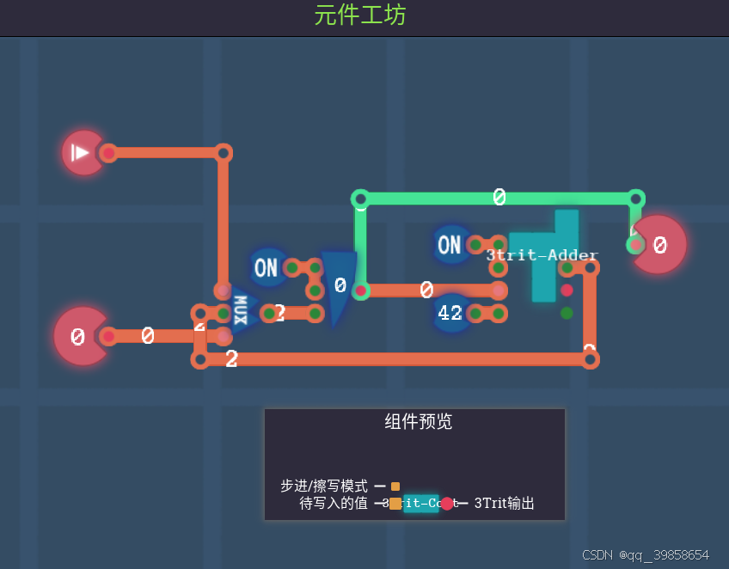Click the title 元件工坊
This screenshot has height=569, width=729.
point(360,15)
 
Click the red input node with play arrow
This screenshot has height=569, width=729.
point(83,153)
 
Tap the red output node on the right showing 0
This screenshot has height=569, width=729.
point(659,246)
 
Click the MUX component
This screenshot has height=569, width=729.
point(242,310)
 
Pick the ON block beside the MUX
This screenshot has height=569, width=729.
point(266,267)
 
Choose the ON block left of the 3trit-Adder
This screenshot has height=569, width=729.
point(450,245)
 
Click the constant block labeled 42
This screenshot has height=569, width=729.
point(450,313)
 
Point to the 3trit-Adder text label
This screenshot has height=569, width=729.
point(542,255)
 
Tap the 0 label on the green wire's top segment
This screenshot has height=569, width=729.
point(499,198)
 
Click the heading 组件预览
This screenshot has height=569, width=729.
point(418,421)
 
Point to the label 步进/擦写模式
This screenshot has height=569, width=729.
point(324,486)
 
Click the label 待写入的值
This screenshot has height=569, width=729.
point(334,503)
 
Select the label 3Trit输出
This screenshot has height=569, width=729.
point(505,503)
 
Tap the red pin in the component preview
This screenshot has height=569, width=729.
point(447,504)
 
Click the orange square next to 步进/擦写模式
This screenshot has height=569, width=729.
point(395,486)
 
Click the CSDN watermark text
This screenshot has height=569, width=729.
point(645,554)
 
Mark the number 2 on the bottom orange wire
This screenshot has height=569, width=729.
point(231,359)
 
